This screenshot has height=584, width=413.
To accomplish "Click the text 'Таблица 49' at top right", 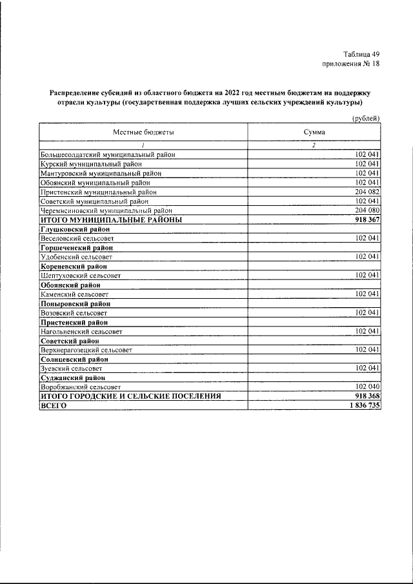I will (361, 54).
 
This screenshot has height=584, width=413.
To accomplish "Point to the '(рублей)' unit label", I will (366, 117).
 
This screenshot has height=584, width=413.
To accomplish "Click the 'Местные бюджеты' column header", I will (144, 132).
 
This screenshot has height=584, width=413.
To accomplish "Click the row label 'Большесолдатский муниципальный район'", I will (108, 155).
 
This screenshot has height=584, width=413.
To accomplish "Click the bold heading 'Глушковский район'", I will (76, 229).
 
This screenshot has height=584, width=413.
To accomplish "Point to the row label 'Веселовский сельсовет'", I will (77, 239).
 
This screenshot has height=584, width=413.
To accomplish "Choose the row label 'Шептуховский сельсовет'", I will (79, 276).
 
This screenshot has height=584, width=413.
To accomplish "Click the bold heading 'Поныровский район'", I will (76, 303).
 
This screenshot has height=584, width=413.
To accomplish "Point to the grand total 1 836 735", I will (362, 405).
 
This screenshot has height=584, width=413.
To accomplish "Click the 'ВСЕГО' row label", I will (54, 405).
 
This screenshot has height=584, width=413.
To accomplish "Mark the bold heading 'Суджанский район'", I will (75, 378).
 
